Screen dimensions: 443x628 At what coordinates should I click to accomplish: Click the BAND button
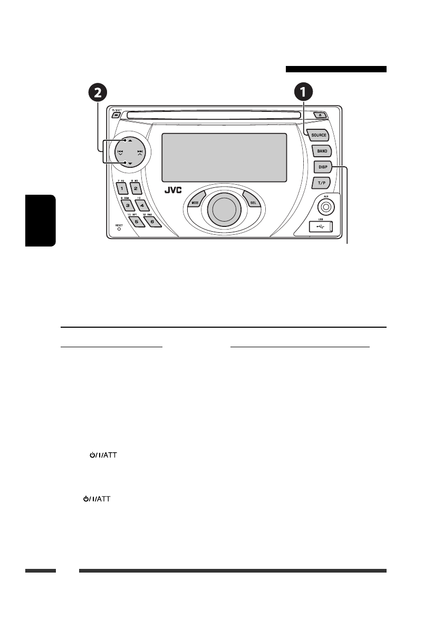tap(322, 151)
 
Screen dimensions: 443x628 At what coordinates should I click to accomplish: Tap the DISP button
tap(322, 167)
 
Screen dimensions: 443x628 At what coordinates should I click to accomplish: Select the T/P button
tap(321, 183)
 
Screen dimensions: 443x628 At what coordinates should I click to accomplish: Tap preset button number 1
tap(122, 188)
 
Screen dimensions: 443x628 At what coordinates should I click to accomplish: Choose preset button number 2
tap(136, 188)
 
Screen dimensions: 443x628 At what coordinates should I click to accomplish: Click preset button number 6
tap(151, 222)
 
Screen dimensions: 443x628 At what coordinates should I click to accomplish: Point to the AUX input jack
tap(326, 207)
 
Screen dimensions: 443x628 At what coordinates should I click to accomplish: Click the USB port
tap(321, 227)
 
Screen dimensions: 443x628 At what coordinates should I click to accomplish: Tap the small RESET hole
tap(119, 229)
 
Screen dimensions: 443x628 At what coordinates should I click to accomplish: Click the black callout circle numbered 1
tap(303, 93)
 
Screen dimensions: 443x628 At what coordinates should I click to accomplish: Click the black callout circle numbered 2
tap(97, 93)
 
